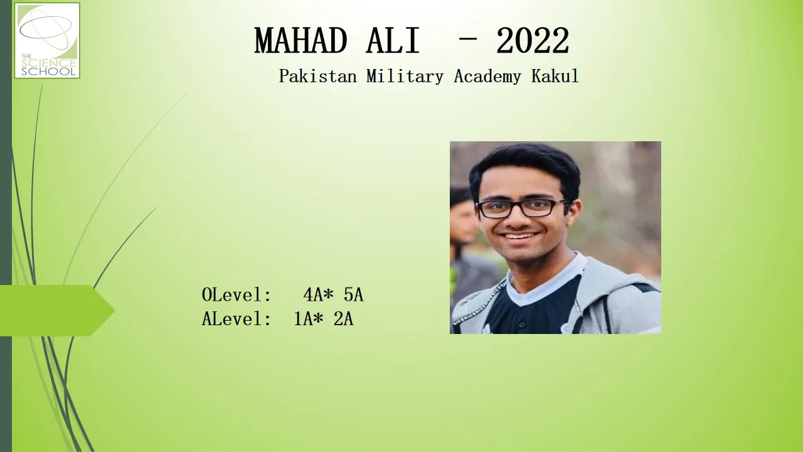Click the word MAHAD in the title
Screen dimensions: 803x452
point(300,41)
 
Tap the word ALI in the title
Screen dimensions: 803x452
point(393,41)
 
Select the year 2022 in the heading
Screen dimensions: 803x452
point(533,41)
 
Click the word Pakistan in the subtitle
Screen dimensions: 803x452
point(317,76)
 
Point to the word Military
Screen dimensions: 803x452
point(405,77)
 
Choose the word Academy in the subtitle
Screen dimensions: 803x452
point(487,77)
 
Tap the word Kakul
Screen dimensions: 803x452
point(555,76)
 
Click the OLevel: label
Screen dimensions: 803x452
point(237,294)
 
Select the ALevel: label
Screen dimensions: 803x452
point(237,318)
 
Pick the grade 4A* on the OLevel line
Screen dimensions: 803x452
point(318,294)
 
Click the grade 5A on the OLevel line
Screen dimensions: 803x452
point(353,294)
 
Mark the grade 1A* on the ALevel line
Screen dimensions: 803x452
point(309,318)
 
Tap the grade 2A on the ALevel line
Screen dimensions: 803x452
point(343,318)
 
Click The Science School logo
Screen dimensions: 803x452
point(47,41)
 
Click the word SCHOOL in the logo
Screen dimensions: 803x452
point(48,71)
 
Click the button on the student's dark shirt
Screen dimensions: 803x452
point(522,325)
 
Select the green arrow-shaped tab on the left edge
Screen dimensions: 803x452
point(57,311)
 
